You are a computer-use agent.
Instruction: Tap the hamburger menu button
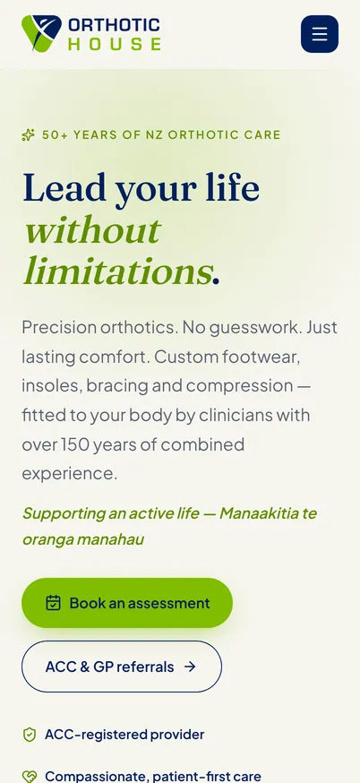point(320,34)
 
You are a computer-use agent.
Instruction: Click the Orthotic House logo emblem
point(41,33)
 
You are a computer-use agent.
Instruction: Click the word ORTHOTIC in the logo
point(115,25)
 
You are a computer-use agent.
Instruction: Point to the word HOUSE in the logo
point(115,44)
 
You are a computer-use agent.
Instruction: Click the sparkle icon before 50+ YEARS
point(29,134)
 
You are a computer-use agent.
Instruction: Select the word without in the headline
point(92,231)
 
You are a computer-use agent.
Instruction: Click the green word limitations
point(118,271)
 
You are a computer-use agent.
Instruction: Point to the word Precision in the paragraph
point(59,328)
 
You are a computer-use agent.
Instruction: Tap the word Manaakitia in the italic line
point(260,513)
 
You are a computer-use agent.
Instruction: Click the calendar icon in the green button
point(53,603)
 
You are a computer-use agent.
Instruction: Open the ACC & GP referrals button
point(121,667)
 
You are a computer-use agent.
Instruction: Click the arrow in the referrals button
point(190,667)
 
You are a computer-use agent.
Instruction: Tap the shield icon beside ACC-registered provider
point(30,735)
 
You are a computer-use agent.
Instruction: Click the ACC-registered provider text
point(124,735)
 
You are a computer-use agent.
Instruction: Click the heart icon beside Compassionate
point(30,777)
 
